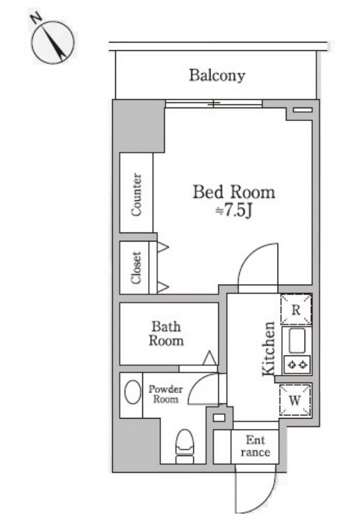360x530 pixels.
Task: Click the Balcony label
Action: coord(217,75)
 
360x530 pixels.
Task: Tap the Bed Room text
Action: coord(234,192)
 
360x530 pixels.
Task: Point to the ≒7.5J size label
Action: coord(234,211)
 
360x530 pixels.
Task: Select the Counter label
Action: coord(137,194)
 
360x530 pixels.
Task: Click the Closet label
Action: coord(137,267)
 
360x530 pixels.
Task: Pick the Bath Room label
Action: coord(166,334)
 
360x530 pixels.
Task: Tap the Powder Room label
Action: coord(166,394)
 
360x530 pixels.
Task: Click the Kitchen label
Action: coord(269,348)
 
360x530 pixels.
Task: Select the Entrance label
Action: coord(255,446)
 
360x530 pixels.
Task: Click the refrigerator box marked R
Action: coord(296,310)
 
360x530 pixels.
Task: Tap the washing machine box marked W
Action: coord(295,401)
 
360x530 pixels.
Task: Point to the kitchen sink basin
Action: coord(296,341)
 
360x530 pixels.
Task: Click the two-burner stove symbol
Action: coord(297,364)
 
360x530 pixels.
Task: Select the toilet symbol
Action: coord(185,446)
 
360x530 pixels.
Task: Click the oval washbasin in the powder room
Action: coord(133,392)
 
